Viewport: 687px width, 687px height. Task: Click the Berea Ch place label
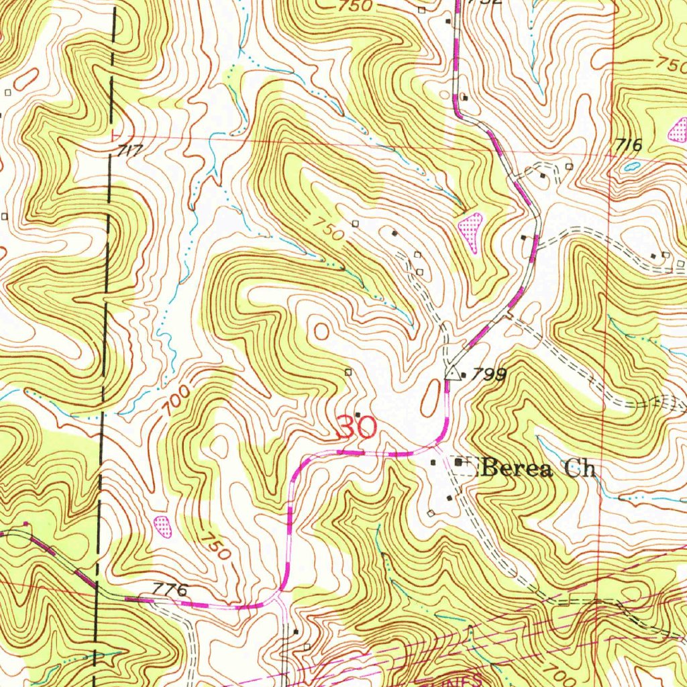coord(539,468)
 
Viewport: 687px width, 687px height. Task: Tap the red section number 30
coord(357,427)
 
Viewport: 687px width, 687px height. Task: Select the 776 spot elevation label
coord(168,590)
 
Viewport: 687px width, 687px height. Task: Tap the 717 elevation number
coord(129,151)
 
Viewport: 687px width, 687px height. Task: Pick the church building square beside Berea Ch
coord(460,463)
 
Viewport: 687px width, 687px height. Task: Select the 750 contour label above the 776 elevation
coord(216,547)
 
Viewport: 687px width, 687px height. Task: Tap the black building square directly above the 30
coord(358,413)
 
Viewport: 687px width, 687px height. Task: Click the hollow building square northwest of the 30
coord(348,372)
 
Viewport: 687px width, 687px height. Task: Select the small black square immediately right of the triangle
coord(464,374)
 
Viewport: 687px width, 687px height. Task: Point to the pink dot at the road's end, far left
coord(25,523)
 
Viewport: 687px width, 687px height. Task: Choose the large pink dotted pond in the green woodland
coord(471,228)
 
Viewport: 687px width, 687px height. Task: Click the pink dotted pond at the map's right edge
coord(679,130)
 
